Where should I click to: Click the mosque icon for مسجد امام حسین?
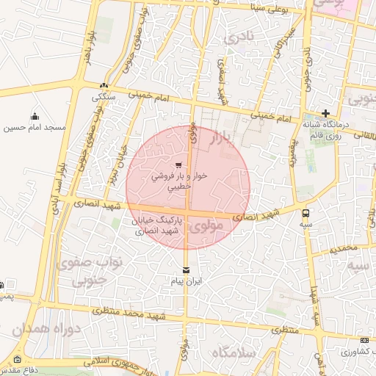pos(35,116)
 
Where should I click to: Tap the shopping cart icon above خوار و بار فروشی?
pos(178,164)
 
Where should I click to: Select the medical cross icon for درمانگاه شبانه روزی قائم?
pos(325,113)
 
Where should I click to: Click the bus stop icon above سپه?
pos(305,212)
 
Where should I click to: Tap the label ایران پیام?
pos(185,281)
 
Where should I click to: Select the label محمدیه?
pos(342,250)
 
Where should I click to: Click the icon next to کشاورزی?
pos(365,340)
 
